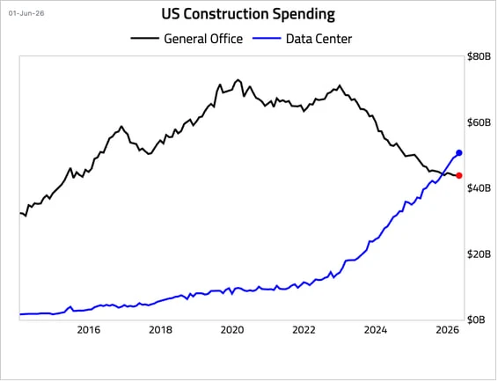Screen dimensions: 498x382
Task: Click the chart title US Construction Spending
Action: tap(248, 14)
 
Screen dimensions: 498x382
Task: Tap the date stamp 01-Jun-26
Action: tap(26, 13)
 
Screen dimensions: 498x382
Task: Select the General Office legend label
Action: tap(203, 39)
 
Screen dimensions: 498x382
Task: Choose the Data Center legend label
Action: tap(319, 39)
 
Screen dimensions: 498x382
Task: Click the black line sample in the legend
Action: tap(145, 39)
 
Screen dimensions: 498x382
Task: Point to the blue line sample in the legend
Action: tap(267, 39)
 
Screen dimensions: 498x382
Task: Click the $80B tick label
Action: tap(479, 56)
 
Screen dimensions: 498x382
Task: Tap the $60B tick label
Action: tap(479, 122)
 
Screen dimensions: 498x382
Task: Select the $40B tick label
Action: tap(479, 188)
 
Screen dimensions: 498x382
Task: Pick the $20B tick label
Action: tap(479, 253)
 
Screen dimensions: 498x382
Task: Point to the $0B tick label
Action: tap(476, 320)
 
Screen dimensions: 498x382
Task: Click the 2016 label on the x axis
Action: tap(89, 330)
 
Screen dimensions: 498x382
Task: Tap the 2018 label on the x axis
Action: tap(160, 330)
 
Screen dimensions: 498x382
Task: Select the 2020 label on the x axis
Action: tap(232, 330)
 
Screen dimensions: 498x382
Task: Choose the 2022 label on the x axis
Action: tap(304, 330)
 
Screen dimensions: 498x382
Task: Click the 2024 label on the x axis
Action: tap(376, 330)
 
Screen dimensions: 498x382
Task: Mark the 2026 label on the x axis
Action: tap(448, 330)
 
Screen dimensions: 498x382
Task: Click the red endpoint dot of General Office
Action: tap(459, 175)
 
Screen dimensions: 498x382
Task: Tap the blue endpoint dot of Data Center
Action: tap(459, 153)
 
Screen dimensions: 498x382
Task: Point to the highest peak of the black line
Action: tap(238, 80)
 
